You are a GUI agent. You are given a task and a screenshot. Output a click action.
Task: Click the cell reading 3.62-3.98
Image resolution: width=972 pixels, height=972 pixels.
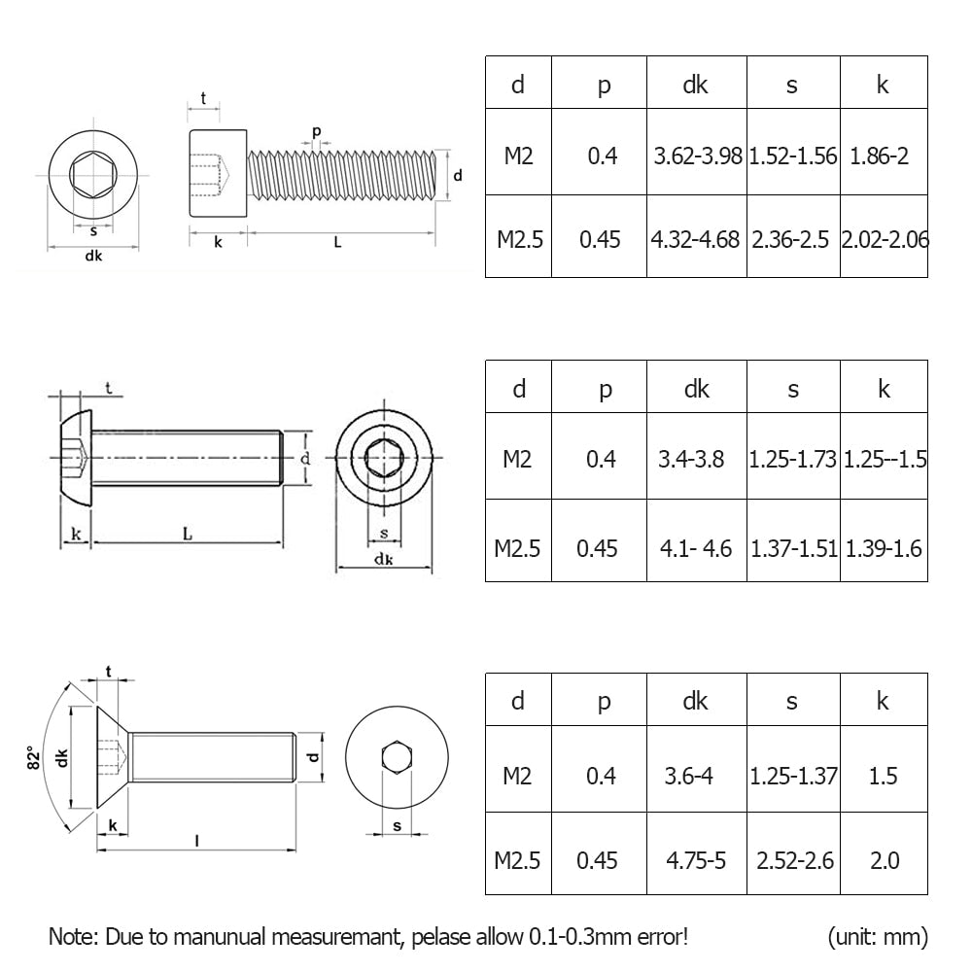point(696,156)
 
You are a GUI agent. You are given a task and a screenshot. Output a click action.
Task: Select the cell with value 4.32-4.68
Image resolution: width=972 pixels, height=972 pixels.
point(696,239)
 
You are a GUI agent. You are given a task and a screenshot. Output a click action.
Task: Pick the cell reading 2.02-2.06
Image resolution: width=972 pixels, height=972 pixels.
point(884,239)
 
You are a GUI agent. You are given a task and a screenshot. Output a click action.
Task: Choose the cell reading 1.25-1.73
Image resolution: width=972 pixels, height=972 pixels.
point(792,460)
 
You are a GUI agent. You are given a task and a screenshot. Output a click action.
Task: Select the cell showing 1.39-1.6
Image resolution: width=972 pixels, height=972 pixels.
point(884,548)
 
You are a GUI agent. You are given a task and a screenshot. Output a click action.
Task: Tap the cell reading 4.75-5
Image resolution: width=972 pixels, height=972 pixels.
point(696,860)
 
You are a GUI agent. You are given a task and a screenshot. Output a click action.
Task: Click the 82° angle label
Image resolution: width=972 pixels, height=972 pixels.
point(31,757)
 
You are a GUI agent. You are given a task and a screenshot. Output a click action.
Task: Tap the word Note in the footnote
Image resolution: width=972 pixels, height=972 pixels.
point(71,937)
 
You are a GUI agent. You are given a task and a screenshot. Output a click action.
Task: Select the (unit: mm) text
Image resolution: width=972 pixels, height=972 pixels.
point(878,937)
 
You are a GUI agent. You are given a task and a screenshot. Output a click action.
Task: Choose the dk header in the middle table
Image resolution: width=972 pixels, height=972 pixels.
point(697,389)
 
